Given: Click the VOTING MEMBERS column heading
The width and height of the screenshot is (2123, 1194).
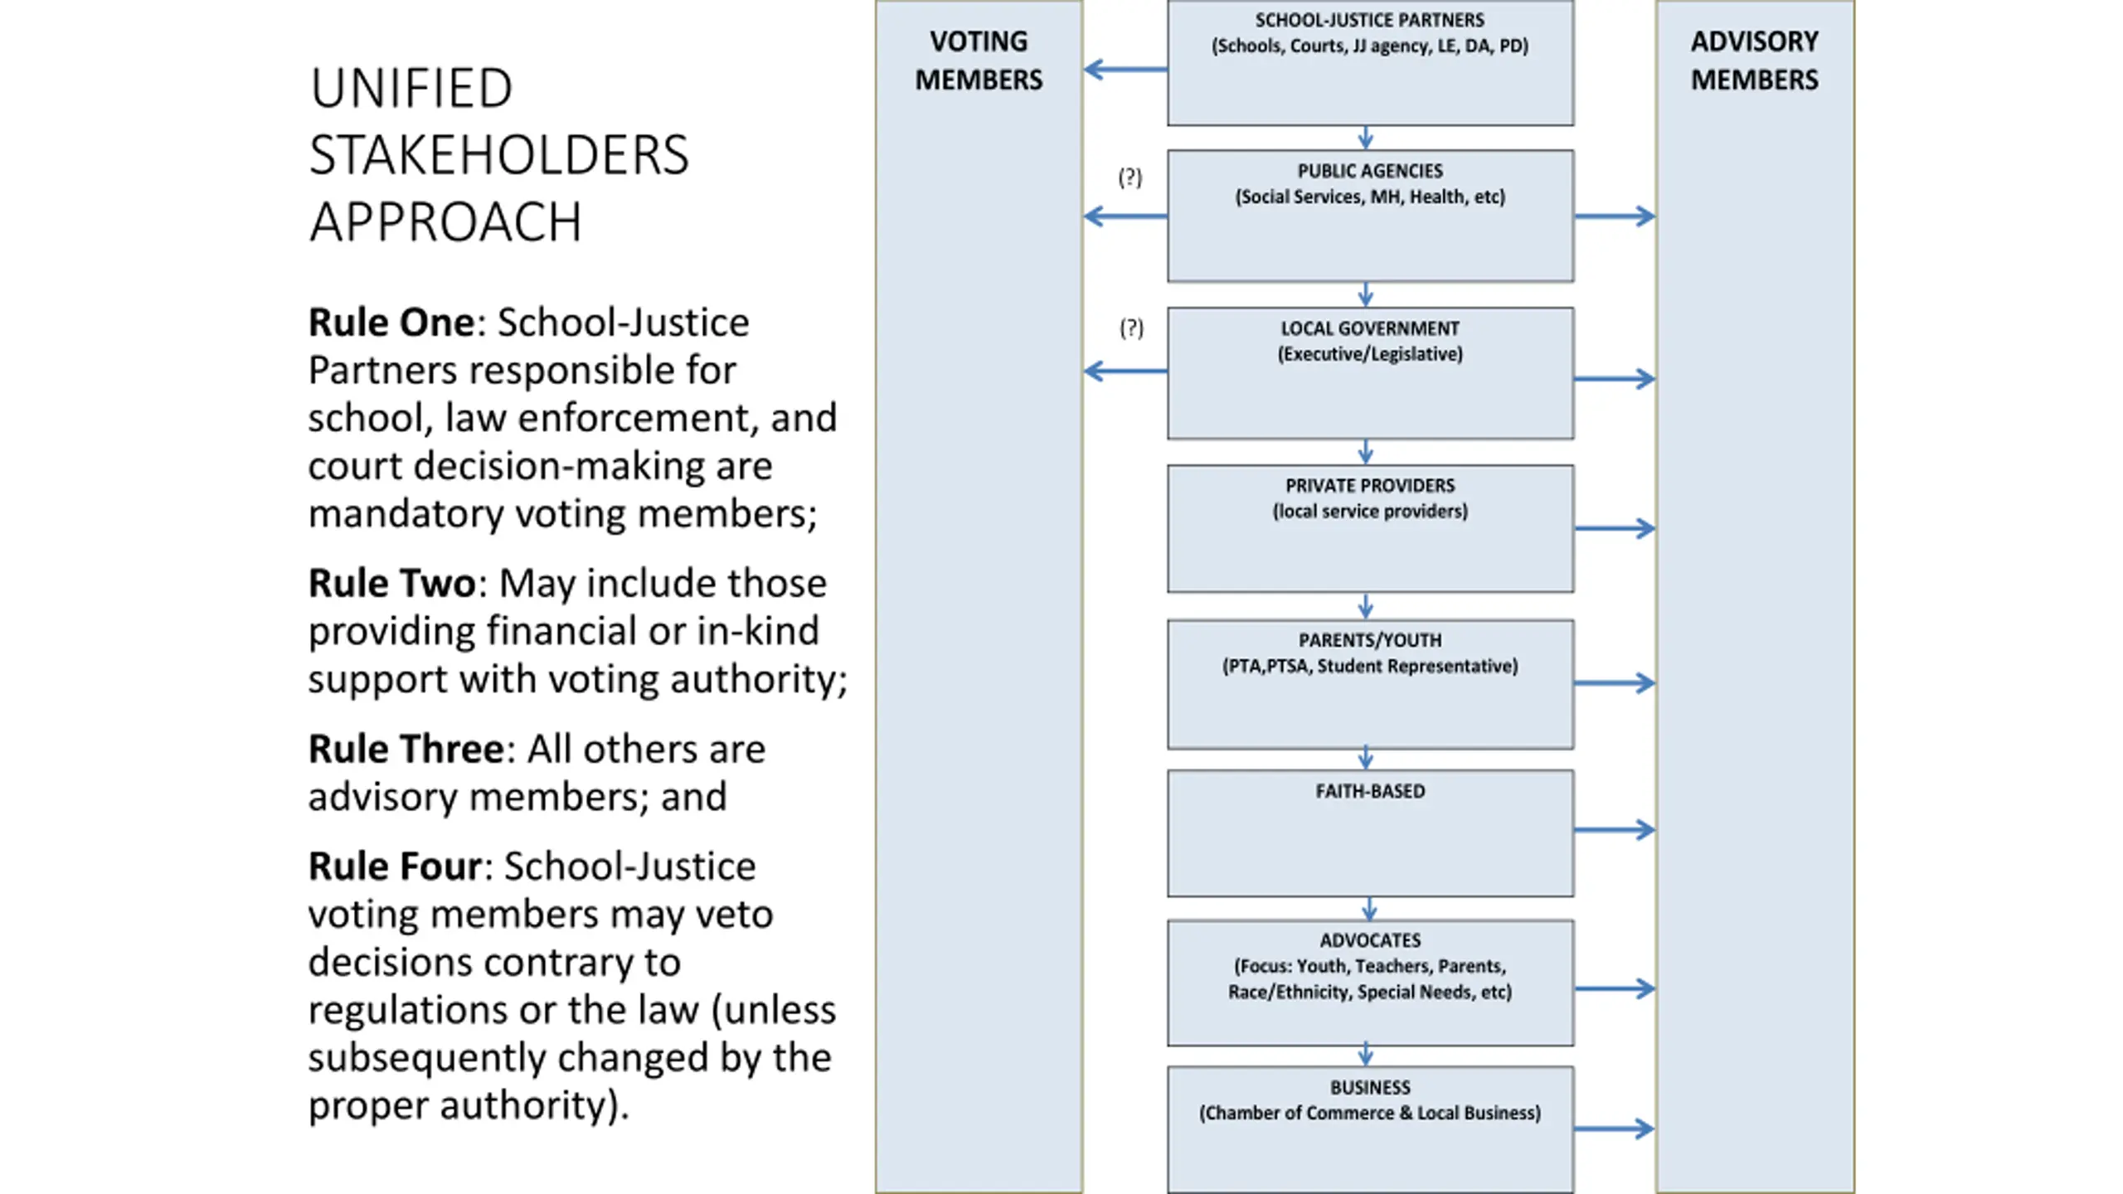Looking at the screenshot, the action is coord(979,61).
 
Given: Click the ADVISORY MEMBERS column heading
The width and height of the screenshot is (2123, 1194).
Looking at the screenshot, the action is coord(1754,61).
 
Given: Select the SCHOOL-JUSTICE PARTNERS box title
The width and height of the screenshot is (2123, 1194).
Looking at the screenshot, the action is coord(1369,20).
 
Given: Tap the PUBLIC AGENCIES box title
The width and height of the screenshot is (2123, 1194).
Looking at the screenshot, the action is coord(1370,171).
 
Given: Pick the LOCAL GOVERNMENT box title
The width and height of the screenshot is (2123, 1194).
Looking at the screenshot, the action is coord(1370,328).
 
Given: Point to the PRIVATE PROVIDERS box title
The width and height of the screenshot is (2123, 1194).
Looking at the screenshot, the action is coord(1370,486).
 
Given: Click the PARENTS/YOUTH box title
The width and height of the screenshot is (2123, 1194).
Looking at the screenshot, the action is coord(1370,640).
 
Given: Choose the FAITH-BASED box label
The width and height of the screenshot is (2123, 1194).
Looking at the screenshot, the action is coord(1370,791).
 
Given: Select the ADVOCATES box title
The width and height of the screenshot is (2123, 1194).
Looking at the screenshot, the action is coord(1370,940).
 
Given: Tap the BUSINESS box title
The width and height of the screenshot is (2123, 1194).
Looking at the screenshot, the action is coord(1370,1087).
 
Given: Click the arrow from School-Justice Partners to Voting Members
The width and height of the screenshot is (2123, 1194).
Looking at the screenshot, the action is coord(1125,70).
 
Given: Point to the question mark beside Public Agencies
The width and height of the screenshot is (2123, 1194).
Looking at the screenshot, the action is coord(1130,177).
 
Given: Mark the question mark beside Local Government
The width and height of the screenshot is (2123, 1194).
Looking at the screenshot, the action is coord(1131,328).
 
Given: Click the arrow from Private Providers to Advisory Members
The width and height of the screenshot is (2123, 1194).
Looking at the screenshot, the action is coord(1615,528).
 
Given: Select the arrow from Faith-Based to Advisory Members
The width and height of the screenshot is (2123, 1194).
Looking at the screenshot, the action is coord(1615,829).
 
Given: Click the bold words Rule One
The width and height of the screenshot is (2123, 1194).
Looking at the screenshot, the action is coord(391,323).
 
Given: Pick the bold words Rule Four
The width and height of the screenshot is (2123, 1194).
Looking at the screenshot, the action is coord(395,866).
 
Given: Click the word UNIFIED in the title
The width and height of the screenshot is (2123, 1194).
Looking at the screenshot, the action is coord(411,89).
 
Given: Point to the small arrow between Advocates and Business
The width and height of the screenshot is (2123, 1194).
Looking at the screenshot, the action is coord(1366,1056).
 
